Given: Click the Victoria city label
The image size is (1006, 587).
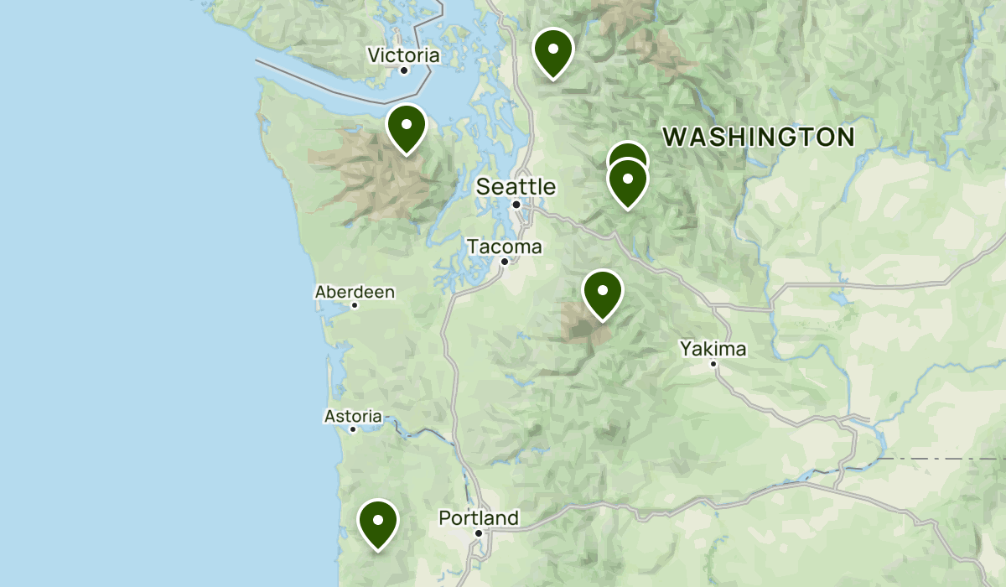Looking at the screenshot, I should pyautogui.click(x=403, y=55).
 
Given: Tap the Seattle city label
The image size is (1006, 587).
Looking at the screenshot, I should pyautogui.click(x=516, y=186).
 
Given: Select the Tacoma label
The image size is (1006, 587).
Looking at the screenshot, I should pyautogui.click(x=504, y=247).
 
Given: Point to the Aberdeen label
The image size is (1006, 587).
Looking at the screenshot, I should pyautogui.click(x=355, y=292).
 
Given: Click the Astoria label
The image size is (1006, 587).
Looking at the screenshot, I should pyautogui.click(x=353, y=416).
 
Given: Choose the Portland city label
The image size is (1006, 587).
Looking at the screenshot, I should pyautogui.click(x=479, y=518).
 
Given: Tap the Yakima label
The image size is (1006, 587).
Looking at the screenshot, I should pyautogui.click(x=713, y=348).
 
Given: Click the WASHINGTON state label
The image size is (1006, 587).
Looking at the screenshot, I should pyautogui.click(x=760, y=137).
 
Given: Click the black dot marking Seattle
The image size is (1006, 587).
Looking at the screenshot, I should pyautogui.click(x=517, y=204).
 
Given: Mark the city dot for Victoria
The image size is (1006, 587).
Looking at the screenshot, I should pyautogui.click(x=403, y=70).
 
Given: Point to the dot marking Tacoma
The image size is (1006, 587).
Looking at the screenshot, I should pyautogui.click(x=505, y=262).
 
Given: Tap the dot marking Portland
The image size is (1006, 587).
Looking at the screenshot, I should pyautogui.click(x=479, y=532).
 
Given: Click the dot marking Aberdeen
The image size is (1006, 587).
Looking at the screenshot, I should pyautogui.click(x=355, y=305).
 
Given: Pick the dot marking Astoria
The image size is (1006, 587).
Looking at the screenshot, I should pyautogui.click(x=353, y=429).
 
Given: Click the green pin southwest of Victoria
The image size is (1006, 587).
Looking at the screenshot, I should pyautogui.click(x=407, y=127).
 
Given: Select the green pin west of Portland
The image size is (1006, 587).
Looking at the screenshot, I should pyautogui.click(x=378, y=522).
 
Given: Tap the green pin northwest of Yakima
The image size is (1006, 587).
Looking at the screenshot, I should pyautogui.click(x=603, y=293).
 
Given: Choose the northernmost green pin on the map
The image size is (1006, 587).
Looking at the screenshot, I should pyautogui.click(x=552, y=50).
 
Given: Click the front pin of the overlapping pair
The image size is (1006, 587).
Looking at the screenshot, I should pyautogui.click(x=627, y=181).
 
